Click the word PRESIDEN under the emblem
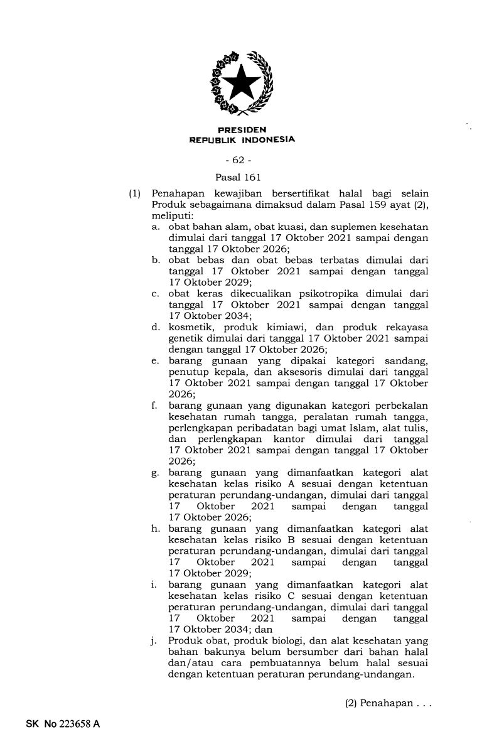coord(242,130)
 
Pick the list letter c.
coord(154,293)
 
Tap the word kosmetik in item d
coord(190,327)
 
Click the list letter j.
coord(154,641)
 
